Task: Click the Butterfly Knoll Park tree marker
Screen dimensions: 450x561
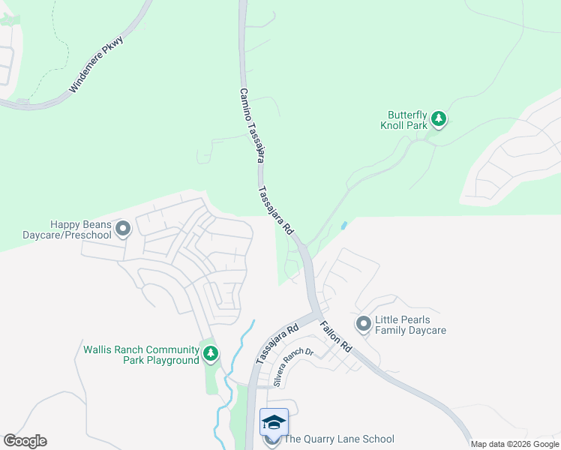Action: coord(439,118)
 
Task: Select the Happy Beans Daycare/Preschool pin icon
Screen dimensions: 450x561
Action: coord(123,228)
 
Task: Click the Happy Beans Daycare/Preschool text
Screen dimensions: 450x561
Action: coord(80,229)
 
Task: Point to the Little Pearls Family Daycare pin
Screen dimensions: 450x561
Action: coord(364,324)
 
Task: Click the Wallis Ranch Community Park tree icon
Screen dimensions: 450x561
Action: coord(211,352)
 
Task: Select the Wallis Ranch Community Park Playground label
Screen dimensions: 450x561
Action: coord(141,355)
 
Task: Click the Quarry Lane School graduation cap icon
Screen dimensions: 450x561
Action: coord(274,423)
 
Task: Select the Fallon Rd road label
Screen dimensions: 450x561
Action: coord(336,338)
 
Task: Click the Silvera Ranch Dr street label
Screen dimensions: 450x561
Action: coord(293,367)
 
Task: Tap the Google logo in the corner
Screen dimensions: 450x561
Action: coord(25,441)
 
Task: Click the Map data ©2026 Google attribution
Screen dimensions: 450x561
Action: coord(514,444)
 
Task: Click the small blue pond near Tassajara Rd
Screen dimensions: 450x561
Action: coord(343,224)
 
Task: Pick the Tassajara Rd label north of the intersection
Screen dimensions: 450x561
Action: coord(275,211)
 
